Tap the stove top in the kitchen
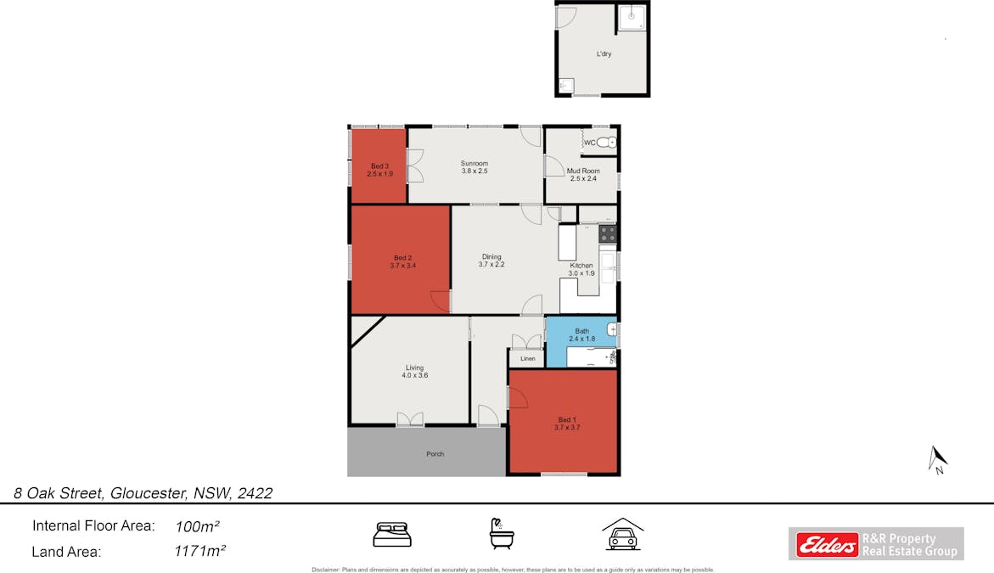(x=608, y=232)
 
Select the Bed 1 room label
(x=565, y=419)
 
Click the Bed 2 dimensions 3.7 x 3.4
(x=402, y=266)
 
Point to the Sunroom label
(x=475, y=163)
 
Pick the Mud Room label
(x=583, y=171)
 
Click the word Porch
(x=435, y=454)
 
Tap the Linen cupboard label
(x=528, y=359)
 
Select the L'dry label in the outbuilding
(x=604, y=53)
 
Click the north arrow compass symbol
(x=938, y=459)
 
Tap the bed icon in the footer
(x=392, y=535)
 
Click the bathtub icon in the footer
(x=502, y=534)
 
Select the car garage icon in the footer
(x=622, y=535)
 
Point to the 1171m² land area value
(x=199, y=552)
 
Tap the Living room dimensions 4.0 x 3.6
(x=414, y=375)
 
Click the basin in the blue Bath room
(x=611, y=329)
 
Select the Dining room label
(x=491, y=256)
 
